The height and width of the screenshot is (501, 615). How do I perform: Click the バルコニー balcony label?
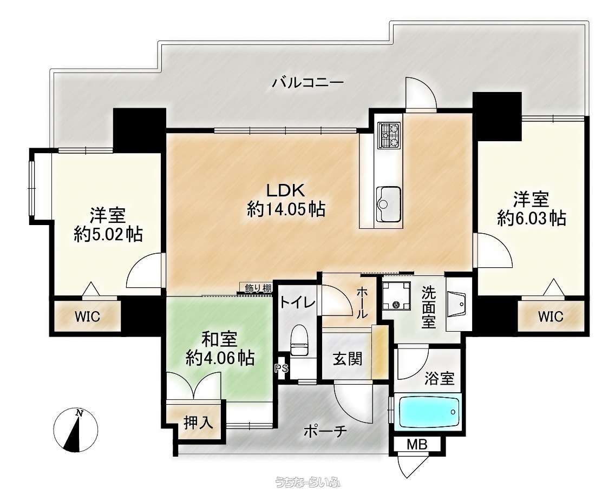tap(308, 83)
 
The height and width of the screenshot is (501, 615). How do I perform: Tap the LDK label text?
tap(286, 190)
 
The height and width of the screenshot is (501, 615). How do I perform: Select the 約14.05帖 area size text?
tap(286, 210)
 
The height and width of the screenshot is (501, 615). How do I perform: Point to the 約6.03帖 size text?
tap(532, 219)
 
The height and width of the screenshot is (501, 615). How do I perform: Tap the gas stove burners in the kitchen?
tap(389, 135)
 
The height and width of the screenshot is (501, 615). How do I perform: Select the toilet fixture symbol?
tap(299, 340)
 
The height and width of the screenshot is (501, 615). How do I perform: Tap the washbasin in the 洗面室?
tap(456, 304)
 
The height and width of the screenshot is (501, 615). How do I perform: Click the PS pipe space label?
tap(282, 368)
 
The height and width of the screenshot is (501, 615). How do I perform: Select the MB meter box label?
tap(417, 445)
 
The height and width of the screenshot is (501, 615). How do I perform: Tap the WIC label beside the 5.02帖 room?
tap(88, 316)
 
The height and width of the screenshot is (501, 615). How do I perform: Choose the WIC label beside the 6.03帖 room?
tap(550, 316)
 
